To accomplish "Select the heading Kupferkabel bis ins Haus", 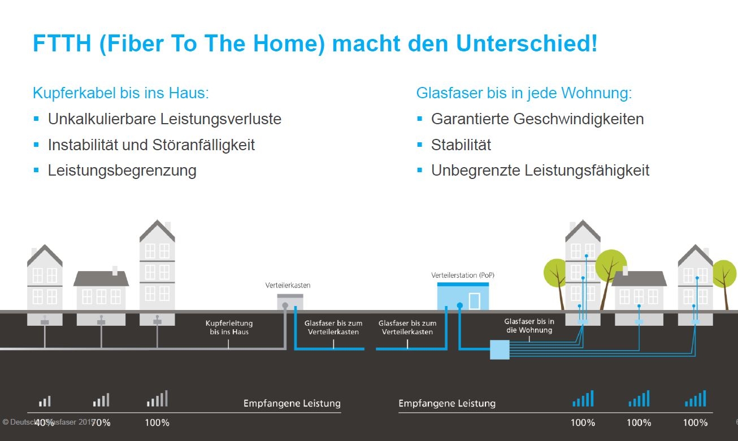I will [121, 93].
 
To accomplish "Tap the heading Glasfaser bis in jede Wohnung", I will [524, 93].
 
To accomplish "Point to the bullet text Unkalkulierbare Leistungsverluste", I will [164, 119].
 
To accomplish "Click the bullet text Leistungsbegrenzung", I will [122, 170].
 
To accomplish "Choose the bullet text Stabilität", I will [461, 145].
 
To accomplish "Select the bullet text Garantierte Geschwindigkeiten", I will [537, 119].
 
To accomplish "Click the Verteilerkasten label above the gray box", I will [288, 285].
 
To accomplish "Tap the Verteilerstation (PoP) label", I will [463, 275].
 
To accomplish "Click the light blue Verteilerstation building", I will [462, 296].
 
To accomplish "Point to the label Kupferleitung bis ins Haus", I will [229, 328].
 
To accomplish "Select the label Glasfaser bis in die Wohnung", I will [529, 325].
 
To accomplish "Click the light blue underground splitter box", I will [500, 350].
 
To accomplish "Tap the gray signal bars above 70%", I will [101, 400].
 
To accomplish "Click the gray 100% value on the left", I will [157, 422].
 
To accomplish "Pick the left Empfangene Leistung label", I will [292, 403].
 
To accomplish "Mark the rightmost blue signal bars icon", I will [696, 399].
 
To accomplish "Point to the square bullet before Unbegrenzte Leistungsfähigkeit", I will [419, 169].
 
